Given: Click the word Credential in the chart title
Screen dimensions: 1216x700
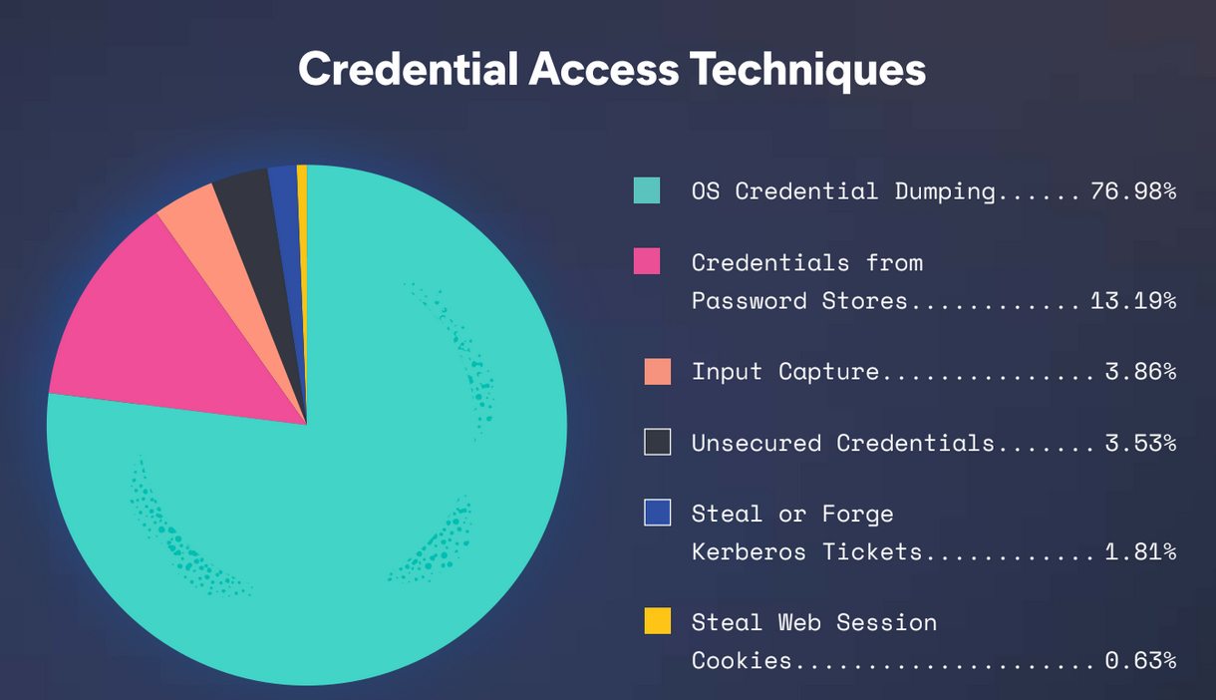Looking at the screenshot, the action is point(408,70).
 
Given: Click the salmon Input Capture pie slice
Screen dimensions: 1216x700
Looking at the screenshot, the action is point(217,239).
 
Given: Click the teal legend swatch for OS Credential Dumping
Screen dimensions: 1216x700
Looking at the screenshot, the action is point(647,190).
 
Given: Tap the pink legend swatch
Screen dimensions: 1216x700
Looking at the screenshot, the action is point(647,261).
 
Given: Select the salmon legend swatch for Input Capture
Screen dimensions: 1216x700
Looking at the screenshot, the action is point(658,372).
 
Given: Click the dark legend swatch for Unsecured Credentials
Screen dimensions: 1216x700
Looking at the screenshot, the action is point(658,442).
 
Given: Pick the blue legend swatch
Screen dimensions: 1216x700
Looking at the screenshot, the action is point(658,513).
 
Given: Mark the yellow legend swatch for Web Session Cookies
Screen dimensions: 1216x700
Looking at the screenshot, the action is point(658,620).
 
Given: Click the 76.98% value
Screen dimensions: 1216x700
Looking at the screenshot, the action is point(1133,191).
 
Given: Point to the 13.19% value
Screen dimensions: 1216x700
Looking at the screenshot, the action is point(1133,301).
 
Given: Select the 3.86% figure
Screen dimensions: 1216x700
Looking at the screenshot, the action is point(1140,372).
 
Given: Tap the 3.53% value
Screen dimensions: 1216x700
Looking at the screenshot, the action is point(1140,443).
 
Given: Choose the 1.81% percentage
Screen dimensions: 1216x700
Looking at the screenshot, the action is point(1140,552).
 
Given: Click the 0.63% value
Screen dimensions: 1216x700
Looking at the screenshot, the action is point(1140,661).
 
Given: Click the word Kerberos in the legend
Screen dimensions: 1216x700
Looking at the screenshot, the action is point(749,552).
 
